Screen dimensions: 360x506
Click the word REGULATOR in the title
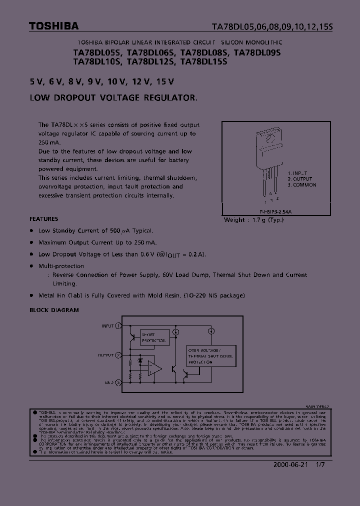pyautogui.click(x=169, y=98)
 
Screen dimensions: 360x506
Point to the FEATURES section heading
pyautogui.click(x=44, y=219)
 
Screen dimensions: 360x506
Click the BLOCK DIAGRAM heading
pyautogui.click(x=54, y=310)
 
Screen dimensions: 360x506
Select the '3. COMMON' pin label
pyautogui.click(x=302, y=185)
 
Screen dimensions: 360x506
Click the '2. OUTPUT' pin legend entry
pyautogui.click(x=300, y=179)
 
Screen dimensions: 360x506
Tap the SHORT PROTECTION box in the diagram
pyautogui.click(x=154, y=337)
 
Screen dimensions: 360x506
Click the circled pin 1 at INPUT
pyautogui.click(x=118, y=325)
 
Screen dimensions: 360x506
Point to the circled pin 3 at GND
pyautogui.click(x=118, y=382)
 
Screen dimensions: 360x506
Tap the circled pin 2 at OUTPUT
pyautogui.click(x=118, y=355)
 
